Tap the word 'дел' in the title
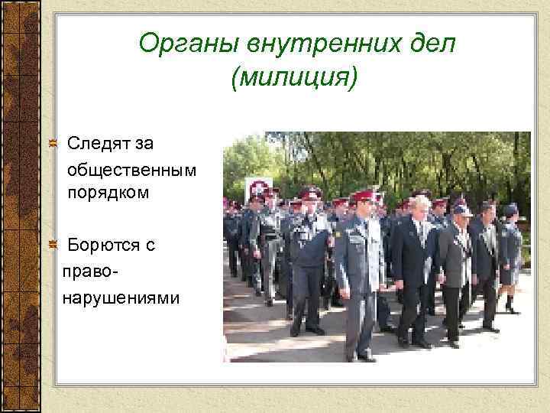point(432,45)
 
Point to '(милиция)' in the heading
point(292,77)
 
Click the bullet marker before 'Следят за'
point(52,142)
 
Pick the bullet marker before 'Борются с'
point(52,245)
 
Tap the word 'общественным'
point(132,167)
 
